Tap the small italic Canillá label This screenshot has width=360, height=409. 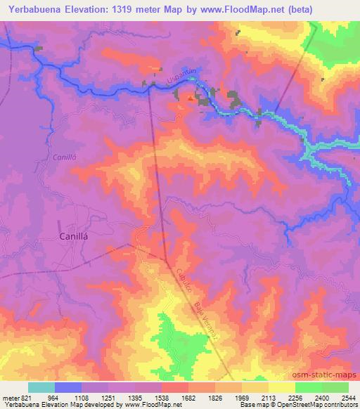63,157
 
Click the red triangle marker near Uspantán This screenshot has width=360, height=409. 189,98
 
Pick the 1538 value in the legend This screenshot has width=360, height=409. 162,397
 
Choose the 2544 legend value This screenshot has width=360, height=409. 347,397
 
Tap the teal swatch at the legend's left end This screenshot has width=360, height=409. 41,387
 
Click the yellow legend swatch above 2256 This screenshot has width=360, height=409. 282,387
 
